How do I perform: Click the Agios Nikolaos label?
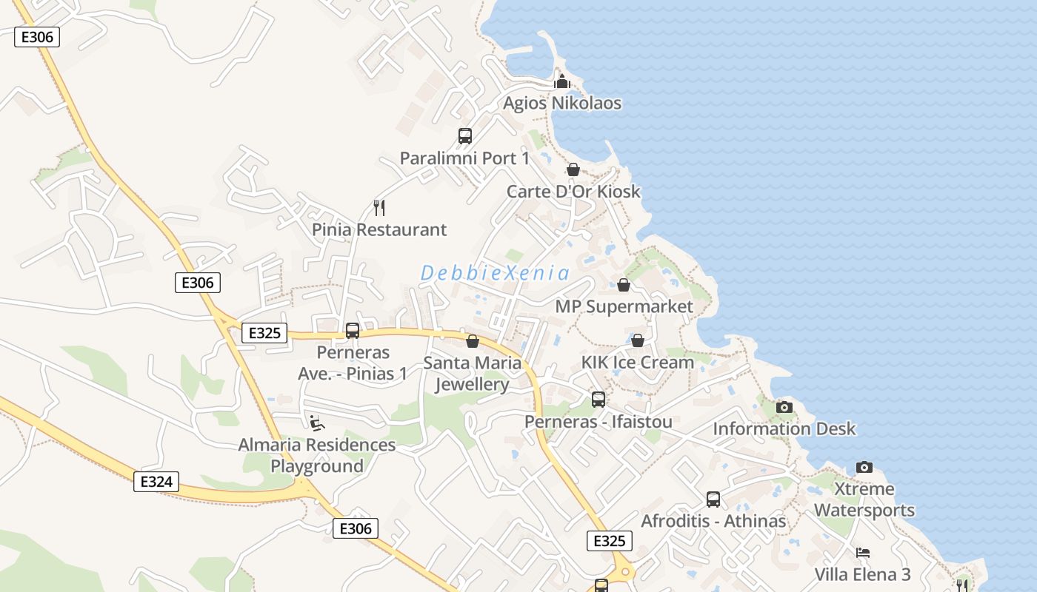(562, 103)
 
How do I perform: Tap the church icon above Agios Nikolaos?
(562, 81)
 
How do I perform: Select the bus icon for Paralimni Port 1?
(465, 136)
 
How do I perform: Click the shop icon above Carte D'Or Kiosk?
(573, 169)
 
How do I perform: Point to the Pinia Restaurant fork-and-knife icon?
(379, 207)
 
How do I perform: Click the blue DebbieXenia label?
(496, 273)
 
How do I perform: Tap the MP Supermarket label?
(624, 306)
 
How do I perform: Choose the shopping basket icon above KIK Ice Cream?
(637, 340)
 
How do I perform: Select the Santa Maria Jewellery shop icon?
(473, 341)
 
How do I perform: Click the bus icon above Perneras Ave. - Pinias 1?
(353, 330)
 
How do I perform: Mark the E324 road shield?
(156, 482)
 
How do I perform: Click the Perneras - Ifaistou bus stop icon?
(598, 400)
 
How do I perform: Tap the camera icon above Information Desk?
(784, 407)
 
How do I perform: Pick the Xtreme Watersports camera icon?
(864, 467)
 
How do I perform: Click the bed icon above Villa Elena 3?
(863, 553)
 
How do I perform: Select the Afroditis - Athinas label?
(713, 521)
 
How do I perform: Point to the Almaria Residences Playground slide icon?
(317, 423)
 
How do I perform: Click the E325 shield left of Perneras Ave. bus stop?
(264, 333)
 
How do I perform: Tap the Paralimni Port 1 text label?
(465, 158)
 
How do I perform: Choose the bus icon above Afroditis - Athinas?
(713, 499)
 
